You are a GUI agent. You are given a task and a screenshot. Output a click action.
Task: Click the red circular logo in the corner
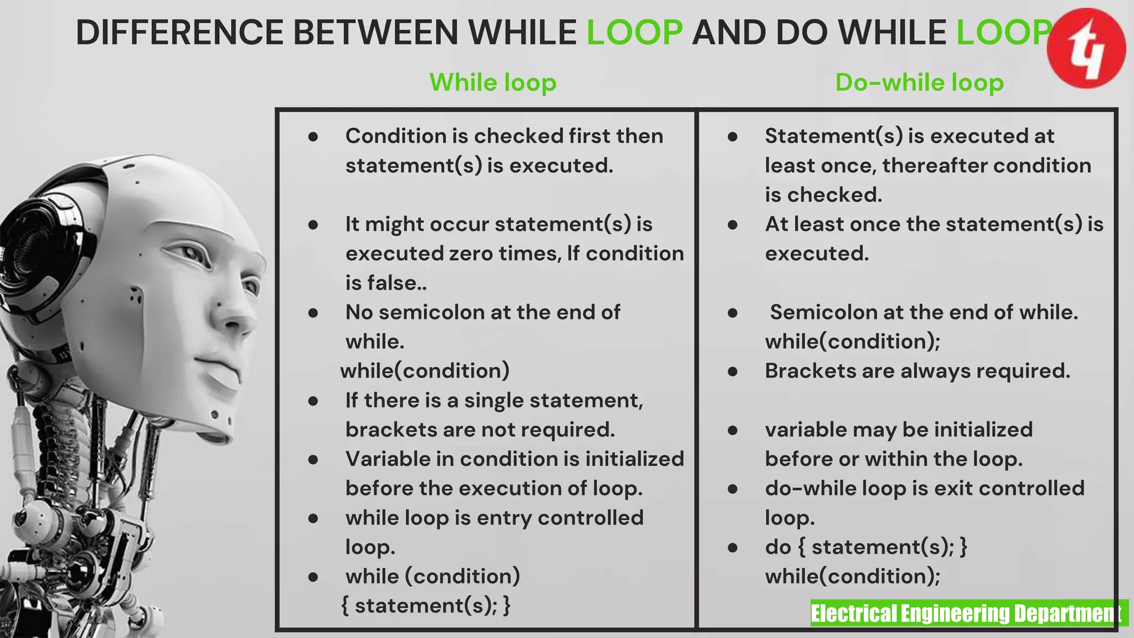pos(1086,48)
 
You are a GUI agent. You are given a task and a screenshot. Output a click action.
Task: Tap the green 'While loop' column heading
pos(493,83)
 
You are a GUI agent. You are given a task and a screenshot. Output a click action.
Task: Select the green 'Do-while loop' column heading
pos(919,83)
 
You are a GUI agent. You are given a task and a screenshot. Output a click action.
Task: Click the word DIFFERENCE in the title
pos(179,32)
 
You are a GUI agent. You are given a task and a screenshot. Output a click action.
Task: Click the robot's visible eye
pos(191,254)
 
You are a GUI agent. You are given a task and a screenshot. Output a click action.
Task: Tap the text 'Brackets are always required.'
pos(917,371)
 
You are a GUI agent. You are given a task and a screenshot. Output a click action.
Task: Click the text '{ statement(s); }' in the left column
pos(426,606)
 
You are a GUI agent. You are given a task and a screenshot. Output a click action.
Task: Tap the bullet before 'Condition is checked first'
pos(313,136)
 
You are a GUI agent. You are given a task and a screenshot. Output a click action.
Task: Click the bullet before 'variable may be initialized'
pos(733,430)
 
